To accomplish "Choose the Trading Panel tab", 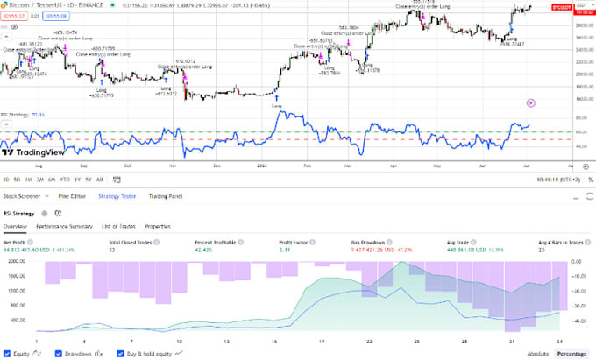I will pyautogui.click(x=166, y=196).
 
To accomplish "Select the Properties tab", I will pyautogui.click(x=158, y=226).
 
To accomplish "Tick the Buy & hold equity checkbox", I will pyautogui.click(x=122, y=353).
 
